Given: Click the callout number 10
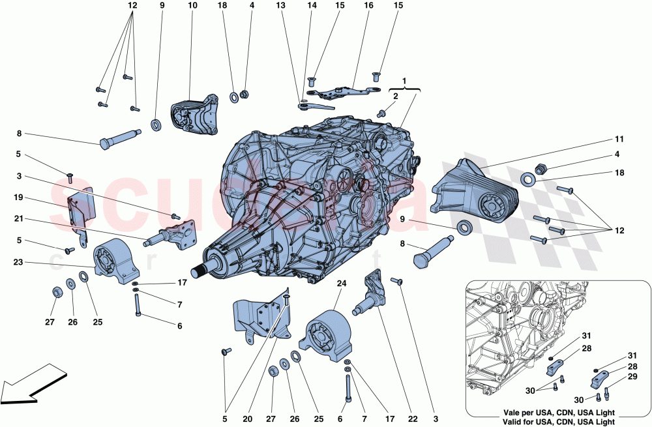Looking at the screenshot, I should (192, 6).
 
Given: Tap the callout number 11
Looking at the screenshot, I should (619, 139).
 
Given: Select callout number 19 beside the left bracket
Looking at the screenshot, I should (18, 196).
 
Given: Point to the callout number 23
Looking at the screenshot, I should (18, 263).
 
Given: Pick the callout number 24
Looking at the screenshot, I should (342, 284).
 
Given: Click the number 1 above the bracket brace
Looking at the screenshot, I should (404, 80).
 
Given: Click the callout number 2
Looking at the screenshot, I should (394, 96).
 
